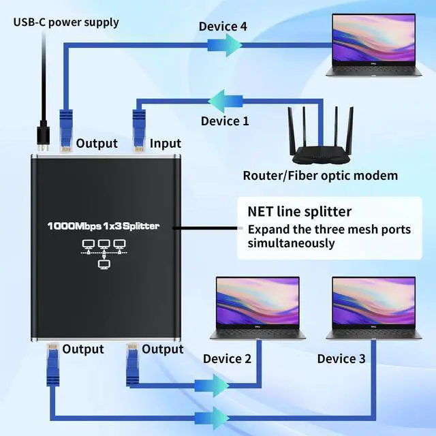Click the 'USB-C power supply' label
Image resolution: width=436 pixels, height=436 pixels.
point(65,22)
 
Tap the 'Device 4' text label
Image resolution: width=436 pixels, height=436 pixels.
point(222,27)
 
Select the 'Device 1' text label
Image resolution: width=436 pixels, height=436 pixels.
point(225,121)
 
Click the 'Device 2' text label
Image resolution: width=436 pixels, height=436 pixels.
point(227,358)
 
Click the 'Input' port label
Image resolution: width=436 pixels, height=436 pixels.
point(166,143)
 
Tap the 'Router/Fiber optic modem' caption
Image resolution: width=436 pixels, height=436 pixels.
point(320,176)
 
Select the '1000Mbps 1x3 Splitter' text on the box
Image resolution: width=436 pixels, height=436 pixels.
point(104,225)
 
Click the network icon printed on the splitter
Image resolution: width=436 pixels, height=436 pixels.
point(104,253)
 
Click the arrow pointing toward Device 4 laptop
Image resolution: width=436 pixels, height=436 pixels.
point(224,44)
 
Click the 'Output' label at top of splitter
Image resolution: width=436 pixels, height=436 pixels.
point(97,143)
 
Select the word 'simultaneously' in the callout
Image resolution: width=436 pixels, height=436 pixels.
point(291,243)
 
